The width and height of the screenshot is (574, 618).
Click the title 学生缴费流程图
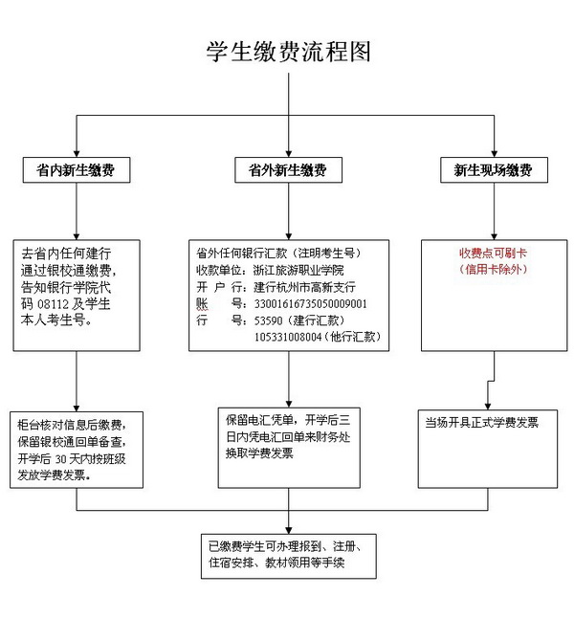click(289, 52)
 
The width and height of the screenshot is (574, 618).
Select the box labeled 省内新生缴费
click(77, 170)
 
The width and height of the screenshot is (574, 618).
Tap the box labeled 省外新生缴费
click(289, 170)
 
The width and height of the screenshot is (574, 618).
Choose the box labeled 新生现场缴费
click(494, 170)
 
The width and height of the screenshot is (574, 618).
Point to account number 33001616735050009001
click(311, 304)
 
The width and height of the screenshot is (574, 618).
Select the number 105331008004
click(288, 337)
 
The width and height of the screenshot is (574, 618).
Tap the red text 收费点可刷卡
click(493, 253)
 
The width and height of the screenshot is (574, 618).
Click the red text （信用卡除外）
click(493, 269)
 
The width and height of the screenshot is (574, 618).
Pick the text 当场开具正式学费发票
click(482, 423)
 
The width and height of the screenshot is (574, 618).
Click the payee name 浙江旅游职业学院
click(298, 270)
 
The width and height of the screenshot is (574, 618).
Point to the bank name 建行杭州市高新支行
click(304, 287)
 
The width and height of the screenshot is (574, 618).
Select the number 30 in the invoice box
click(60, 459)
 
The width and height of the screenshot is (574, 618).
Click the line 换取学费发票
click(260, 453)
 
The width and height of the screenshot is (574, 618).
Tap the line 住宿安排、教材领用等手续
click(276, 563)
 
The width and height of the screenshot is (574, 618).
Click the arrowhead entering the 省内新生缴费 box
click(77, 154)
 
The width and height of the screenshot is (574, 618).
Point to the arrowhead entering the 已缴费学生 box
click(289, 531)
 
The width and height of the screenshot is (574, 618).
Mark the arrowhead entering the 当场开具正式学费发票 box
click(488, 407)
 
